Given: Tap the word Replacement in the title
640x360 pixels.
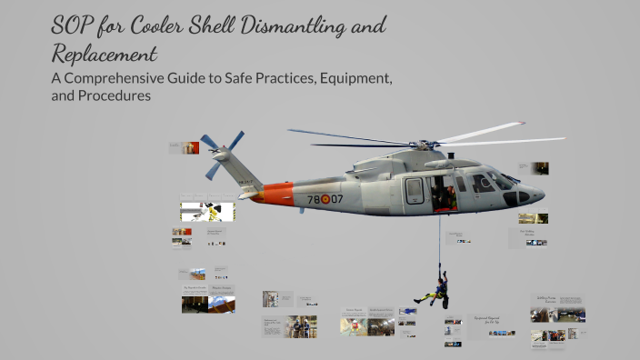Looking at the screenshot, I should tap(104, 53).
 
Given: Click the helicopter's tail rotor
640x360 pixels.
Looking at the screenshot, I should tap(221, 152).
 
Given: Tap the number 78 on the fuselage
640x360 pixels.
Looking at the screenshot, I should tap(314, 199).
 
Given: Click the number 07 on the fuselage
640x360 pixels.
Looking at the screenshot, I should tap(337, 199).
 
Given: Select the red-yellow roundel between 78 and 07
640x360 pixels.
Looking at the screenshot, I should tap(325, 199).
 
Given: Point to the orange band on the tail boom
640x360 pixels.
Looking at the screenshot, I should tap(273, 194).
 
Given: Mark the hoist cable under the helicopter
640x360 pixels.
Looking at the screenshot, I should tap(441, 238).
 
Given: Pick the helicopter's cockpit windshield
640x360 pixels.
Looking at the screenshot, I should tap(497, 180).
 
